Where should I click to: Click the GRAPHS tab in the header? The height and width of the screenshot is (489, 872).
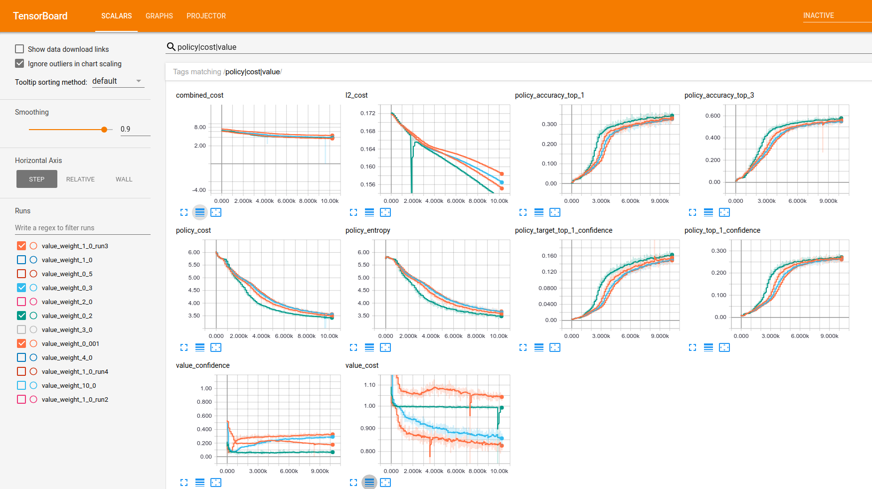pos(159,16)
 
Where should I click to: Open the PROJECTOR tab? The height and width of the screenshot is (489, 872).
pos(206,16)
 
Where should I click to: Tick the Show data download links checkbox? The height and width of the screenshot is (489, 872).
pos(19,49)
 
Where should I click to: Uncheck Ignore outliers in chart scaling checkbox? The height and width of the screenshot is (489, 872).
pos(19,63)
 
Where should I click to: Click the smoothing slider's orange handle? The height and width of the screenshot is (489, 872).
pos(104,130)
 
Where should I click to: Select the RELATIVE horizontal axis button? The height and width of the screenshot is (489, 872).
pos(80,179)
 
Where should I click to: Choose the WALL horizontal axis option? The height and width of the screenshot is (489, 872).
pos(124,179)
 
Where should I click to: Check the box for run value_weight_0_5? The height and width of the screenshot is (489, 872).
pos(21,274)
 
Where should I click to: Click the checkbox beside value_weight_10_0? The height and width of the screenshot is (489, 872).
pos(21,385)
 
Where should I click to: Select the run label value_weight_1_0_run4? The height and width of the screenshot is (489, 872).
pos(75,371)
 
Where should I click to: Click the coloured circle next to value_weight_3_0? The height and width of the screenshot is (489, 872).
pos(33,329)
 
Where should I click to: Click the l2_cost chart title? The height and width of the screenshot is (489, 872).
pos(356,95)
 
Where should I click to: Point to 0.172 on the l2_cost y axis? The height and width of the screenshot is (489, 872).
pos(368,113)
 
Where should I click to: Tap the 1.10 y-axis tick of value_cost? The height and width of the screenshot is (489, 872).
pos(369,385)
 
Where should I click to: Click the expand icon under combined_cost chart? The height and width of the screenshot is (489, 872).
pos(184,212)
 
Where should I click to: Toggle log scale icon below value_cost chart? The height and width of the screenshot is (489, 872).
pos(369,482)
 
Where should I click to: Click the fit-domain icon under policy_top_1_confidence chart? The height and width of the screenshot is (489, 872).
pos(724,347)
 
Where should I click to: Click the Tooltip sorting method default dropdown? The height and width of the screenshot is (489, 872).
pos(118,81)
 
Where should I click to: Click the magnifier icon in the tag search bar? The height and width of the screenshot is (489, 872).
pos(171,47)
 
